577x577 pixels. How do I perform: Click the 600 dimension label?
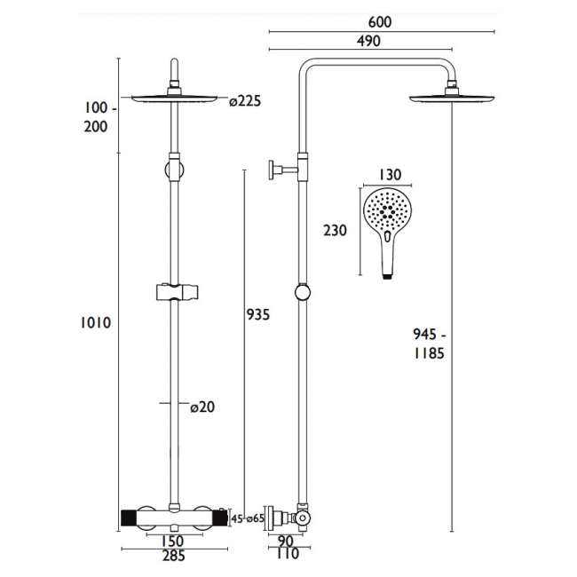click(380, 22)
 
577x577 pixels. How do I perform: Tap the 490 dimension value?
click(368, 41)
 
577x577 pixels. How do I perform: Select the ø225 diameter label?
click(245, 101)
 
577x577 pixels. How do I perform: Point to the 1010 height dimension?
click(96, 323)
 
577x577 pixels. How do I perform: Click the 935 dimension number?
click(258, 314)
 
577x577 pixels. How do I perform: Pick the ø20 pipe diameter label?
click(202, 407)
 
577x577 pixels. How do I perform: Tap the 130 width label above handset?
click(390, 174)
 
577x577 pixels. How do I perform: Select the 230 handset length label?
click(335, 231)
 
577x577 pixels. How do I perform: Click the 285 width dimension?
click(174, 556)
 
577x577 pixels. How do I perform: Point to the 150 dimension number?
click(172, 541)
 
